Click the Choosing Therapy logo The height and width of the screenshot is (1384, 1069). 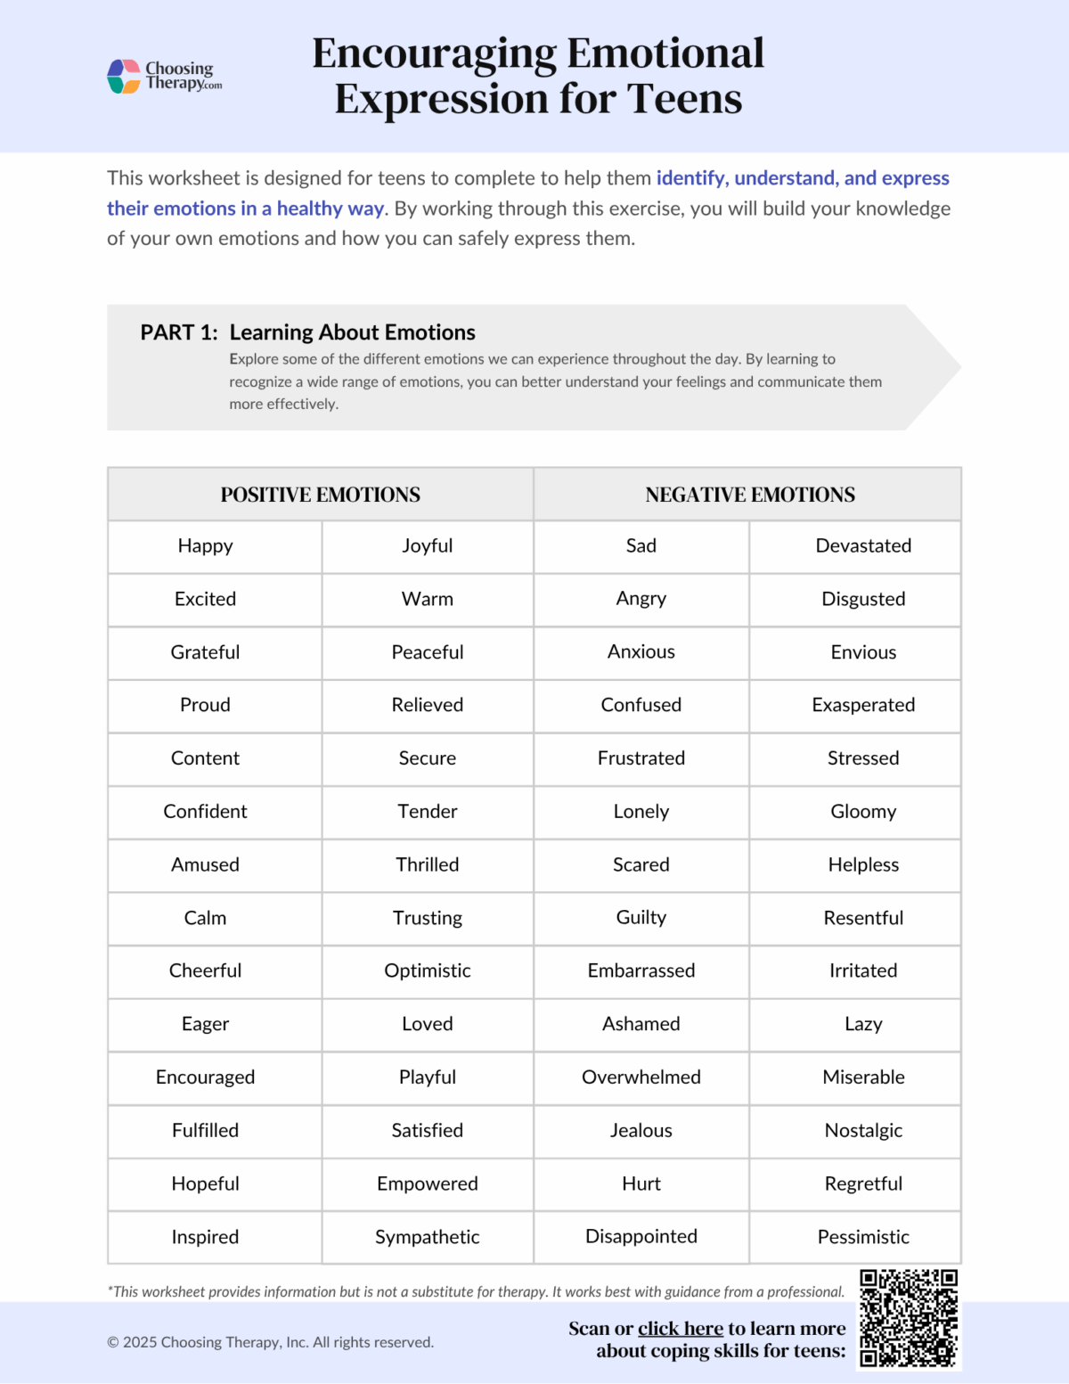164,77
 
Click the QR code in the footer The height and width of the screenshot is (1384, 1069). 909,1318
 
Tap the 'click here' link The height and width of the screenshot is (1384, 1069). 680,1329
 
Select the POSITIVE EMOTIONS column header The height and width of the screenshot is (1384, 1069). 320,495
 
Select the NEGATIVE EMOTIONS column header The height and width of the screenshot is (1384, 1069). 749,495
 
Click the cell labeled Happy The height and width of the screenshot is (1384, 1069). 205,546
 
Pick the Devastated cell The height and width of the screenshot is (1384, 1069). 862,546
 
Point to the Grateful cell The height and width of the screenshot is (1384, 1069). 205,652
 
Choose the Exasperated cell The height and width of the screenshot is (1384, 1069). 862,705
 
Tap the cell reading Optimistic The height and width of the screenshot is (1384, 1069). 427,970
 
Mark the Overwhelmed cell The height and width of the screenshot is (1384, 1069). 641,1077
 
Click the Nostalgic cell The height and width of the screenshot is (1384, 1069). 862,1131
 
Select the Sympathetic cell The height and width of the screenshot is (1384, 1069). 427,1237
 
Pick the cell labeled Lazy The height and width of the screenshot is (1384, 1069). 862,1024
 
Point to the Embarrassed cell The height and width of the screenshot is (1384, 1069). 641,970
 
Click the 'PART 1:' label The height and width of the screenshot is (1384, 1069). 179,332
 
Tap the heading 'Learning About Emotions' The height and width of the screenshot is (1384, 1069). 352,332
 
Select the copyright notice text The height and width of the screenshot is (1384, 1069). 270,1342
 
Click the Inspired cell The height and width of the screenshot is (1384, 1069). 205,1237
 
